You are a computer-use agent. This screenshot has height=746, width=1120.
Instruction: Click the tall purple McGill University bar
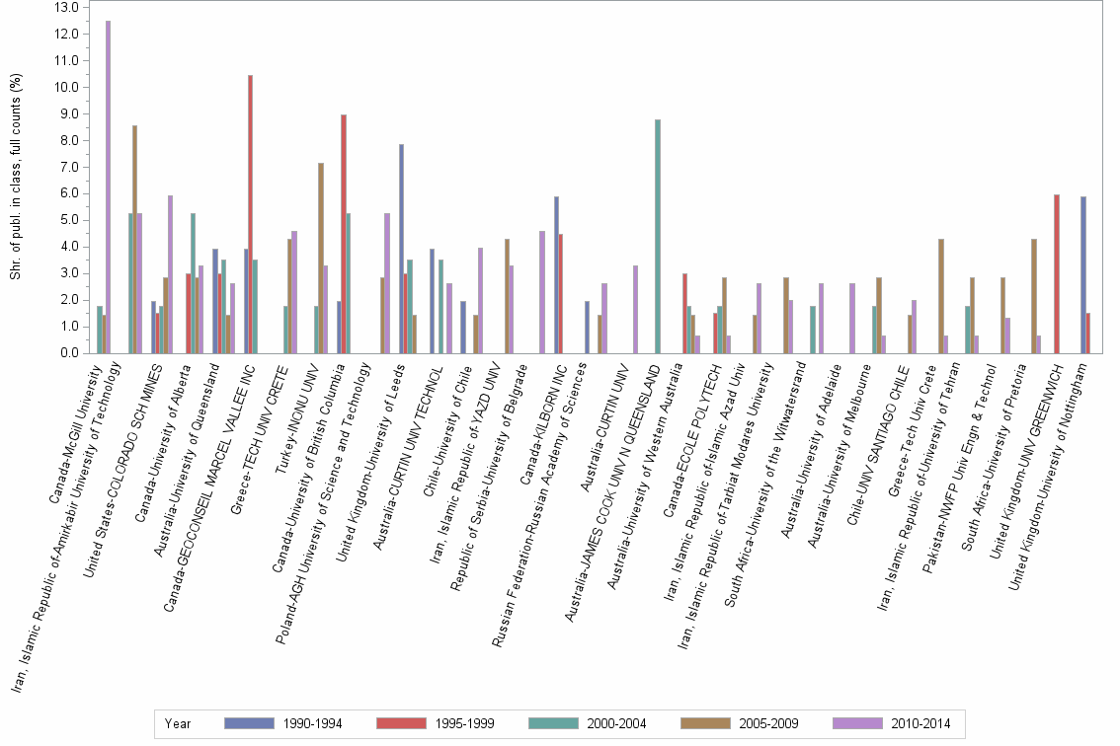(x=108, y=186)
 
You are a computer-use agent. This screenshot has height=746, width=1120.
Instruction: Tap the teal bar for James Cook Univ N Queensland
(x=657, y=236)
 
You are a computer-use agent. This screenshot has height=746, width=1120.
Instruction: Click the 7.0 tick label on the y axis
(x=66, y=167)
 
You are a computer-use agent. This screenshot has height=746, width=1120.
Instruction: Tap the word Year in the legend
(x=179, y=724)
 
